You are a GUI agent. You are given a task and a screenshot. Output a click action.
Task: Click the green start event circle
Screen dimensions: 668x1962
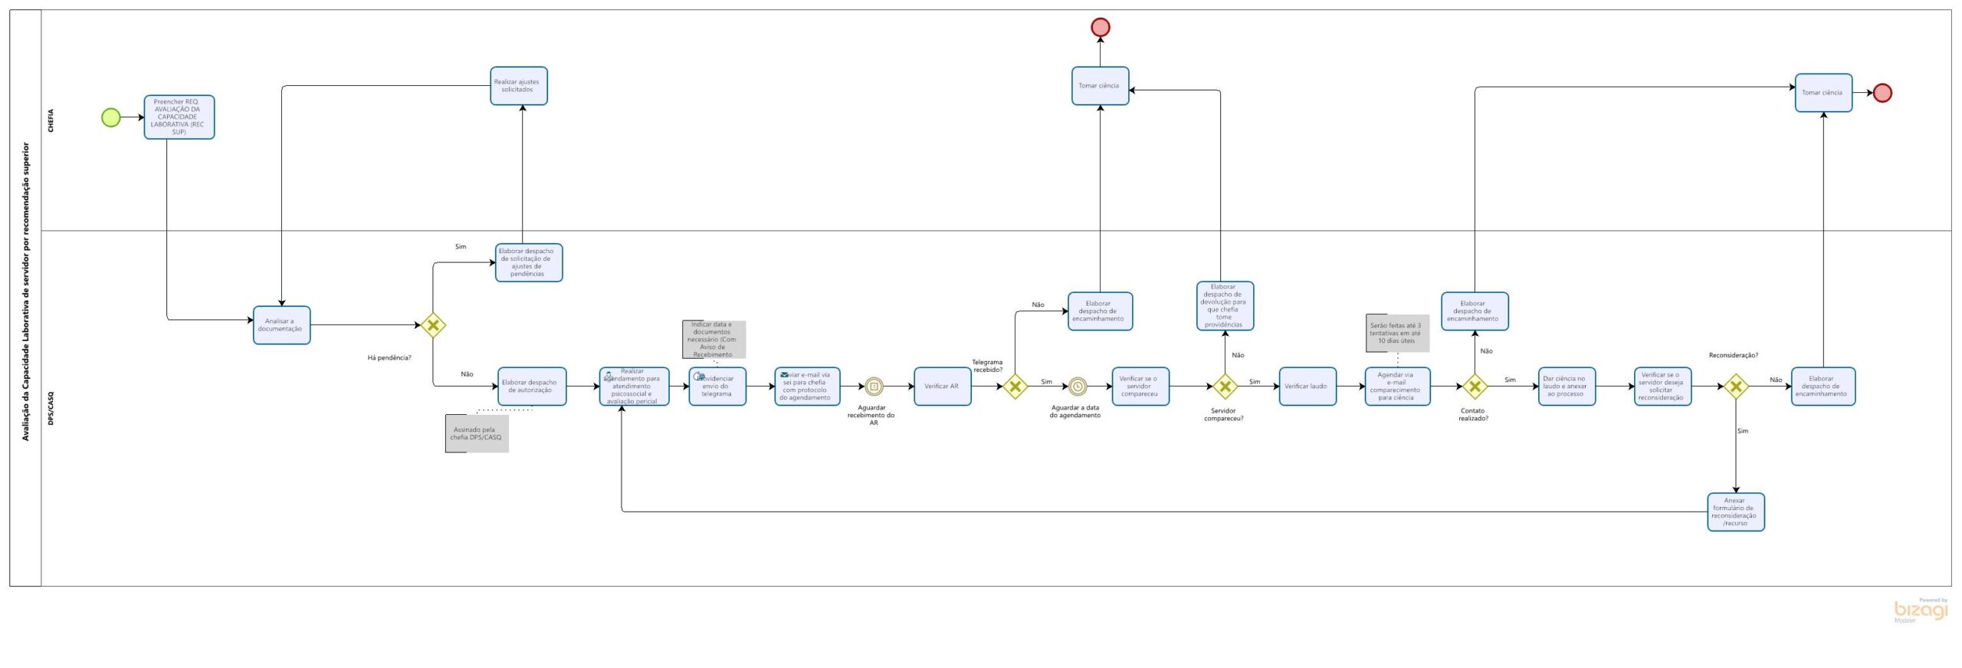click(111, 117)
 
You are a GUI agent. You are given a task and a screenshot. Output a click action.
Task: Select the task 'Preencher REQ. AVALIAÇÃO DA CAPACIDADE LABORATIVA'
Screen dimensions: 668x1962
click(179, 117)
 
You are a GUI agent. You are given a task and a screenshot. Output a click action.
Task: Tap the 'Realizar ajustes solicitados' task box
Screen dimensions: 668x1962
click(519, 86)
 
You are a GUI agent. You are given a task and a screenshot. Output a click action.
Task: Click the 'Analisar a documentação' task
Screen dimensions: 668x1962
click(281, 325)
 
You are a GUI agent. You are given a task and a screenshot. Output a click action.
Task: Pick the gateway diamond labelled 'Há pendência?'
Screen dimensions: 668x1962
click(433, 325)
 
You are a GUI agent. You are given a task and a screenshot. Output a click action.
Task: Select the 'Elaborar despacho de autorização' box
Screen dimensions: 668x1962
click(532, 387)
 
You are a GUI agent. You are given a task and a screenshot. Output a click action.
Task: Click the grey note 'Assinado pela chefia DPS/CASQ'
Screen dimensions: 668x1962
click(477, 434)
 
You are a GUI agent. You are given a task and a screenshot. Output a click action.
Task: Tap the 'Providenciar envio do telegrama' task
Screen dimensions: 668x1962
click(717, 387)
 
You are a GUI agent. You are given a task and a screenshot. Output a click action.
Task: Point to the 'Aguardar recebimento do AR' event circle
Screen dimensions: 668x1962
click(874, 387)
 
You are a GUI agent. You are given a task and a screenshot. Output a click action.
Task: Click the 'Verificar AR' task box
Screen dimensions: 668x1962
click(942, 387)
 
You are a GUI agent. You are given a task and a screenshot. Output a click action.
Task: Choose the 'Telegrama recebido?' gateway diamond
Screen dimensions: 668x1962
click(1015, 387)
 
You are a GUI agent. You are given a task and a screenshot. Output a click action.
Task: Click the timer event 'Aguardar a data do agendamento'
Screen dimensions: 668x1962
click(1078, 387)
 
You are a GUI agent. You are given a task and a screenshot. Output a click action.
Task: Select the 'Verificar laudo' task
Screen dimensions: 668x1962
click(1307, 387)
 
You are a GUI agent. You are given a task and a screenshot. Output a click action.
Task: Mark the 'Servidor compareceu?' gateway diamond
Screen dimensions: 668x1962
click(1225, 387)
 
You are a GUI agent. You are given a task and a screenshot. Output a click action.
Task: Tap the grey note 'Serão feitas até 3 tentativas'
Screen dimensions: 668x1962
click(1397, 334)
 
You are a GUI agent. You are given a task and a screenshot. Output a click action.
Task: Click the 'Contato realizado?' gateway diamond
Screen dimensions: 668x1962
click(1475, 387)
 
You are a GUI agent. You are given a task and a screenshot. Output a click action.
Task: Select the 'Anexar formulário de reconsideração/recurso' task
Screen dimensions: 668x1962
click(1735, 512)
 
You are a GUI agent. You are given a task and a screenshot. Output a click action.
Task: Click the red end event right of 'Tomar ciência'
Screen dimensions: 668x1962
click(1882, 94)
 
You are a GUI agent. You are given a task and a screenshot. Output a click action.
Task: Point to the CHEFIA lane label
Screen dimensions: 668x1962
click(51, 120)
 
